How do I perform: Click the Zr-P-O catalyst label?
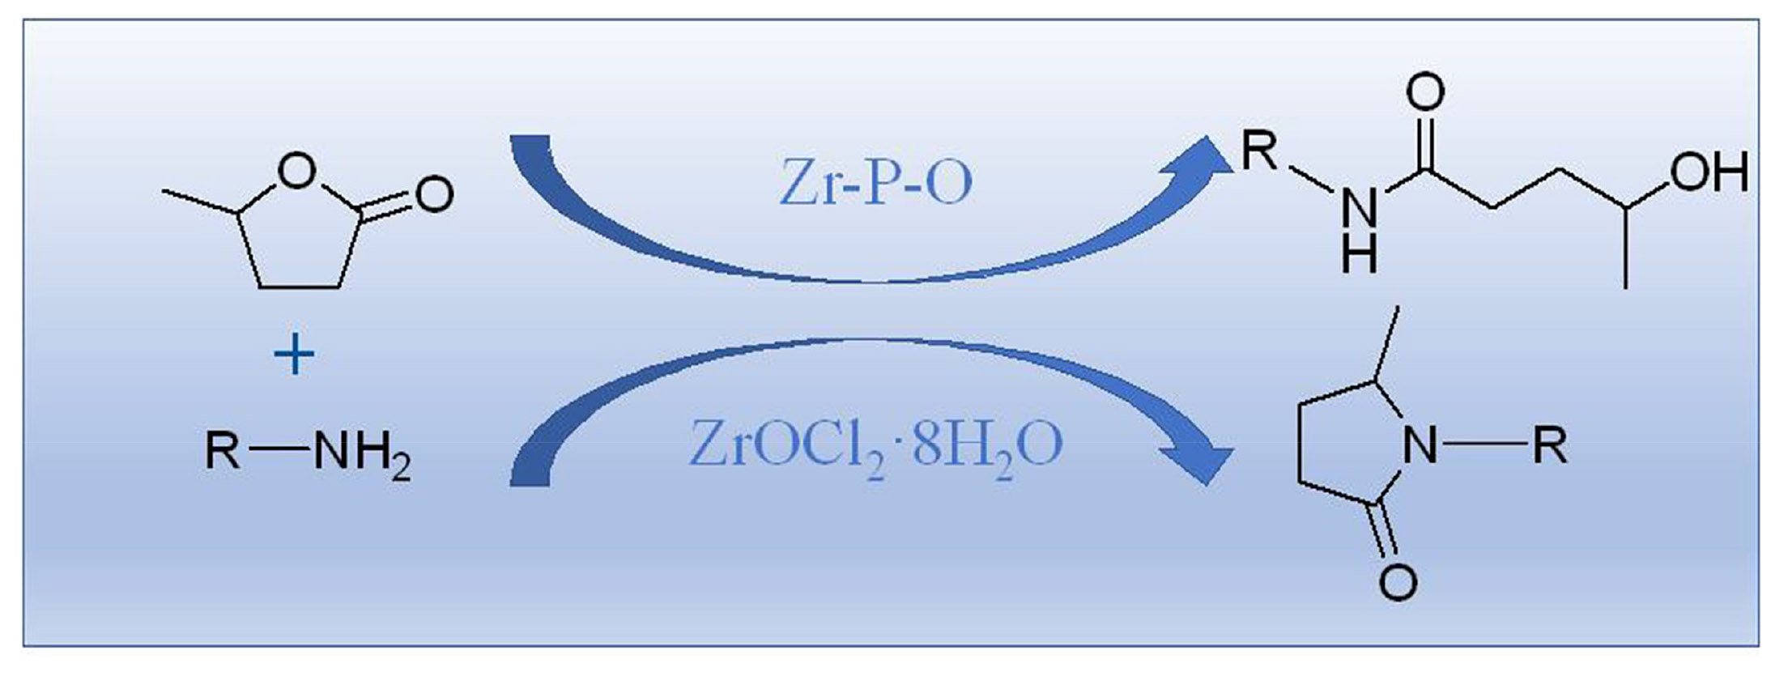(875, 184)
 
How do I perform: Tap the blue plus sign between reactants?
(295, 355)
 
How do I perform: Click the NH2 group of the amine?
(361, 453)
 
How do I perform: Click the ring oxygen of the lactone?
(296, 169)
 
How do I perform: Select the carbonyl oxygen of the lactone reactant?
(434, 194)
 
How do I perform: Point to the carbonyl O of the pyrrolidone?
(1398, 581)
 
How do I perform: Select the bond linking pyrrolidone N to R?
(1486, 444)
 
